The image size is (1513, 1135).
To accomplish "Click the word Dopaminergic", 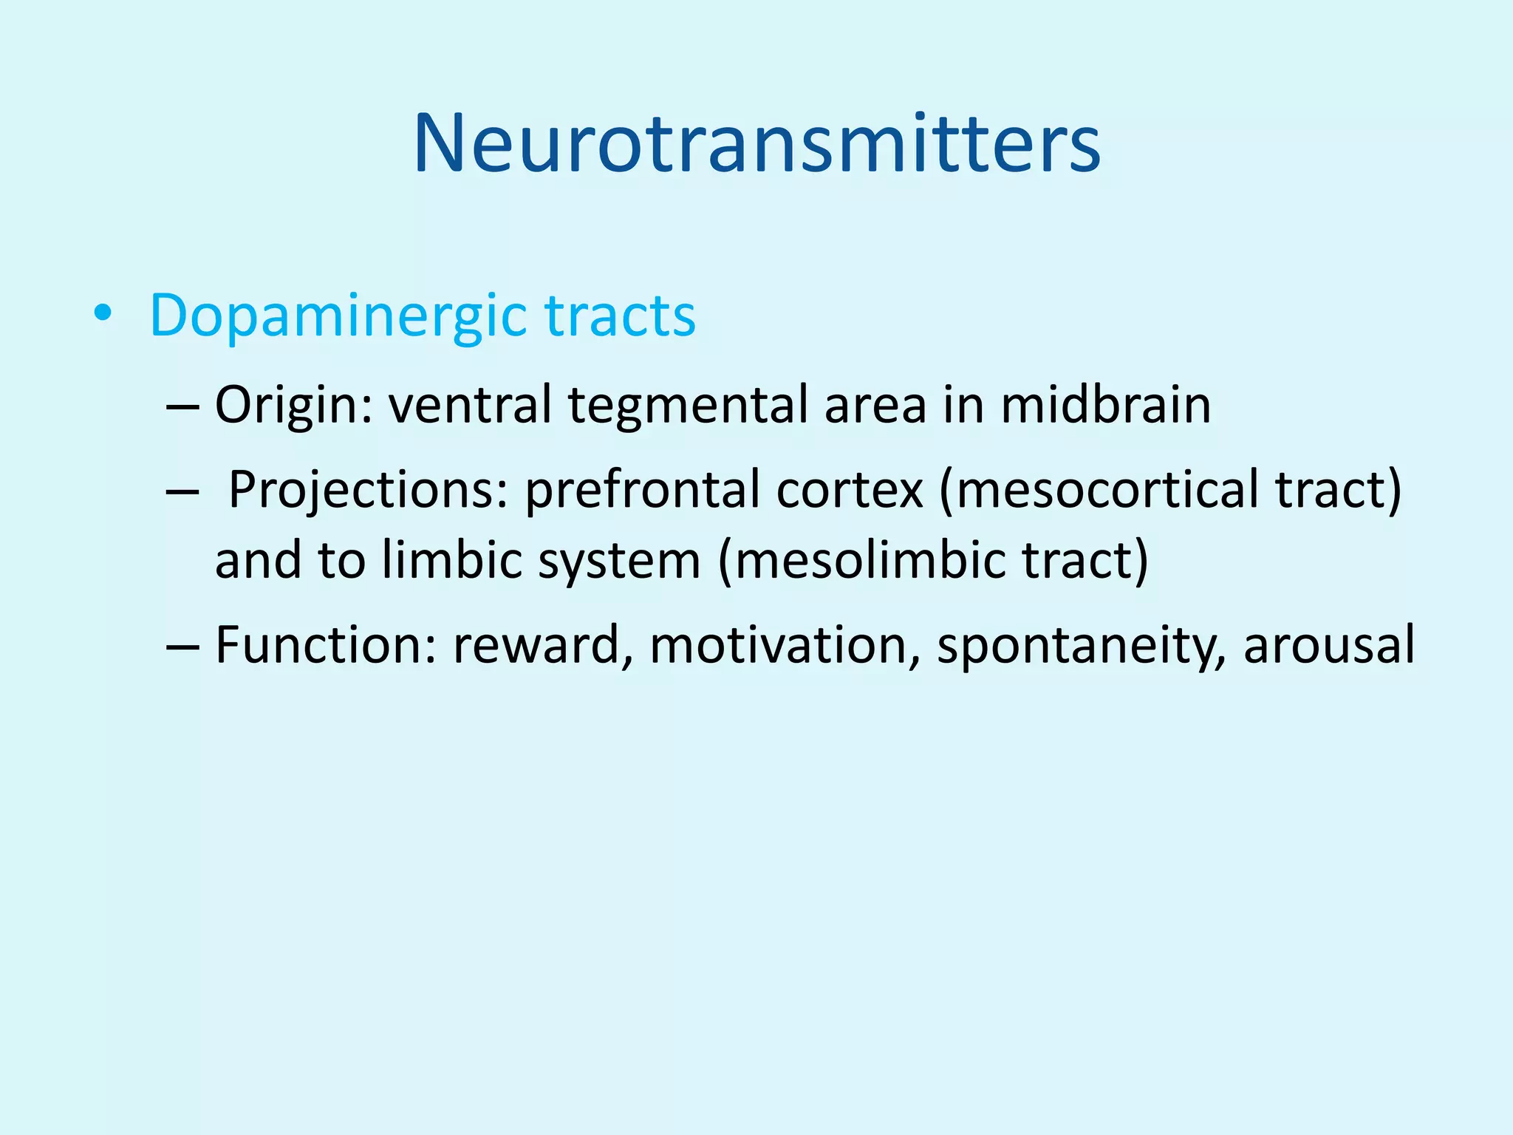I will [x=338, y=316].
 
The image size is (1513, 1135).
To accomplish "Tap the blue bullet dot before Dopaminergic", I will [x=103, y=314].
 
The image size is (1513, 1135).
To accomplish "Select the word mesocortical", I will [x=1100, y=490].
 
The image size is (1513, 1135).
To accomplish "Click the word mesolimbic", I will [x=862, y=559].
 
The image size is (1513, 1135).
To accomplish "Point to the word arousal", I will [x=1329, y=644].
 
